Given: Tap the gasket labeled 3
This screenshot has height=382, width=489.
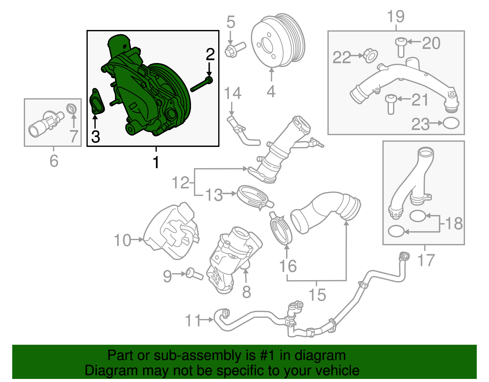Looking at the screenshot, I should pos(97,102).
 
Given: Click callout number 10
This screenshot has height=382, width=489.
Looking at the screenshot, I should pos(122,240).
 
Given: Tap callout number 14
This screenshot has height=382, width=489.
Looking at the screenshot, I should pos(233,93).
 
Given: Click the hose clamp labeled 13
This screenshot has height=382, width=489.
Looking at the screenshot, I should pos(254,197).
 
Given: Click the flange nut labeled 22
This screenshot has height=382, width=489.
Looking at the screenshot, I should pos(370,56).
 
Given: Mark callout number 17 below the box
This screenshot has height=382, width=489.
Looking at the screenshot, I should pos(426,260).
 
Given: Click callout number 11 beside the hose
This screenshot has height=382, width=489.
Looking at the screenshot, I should pos(193,320).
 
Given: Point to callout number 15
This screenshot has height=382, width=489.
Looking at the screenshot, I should pos(317,295).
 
